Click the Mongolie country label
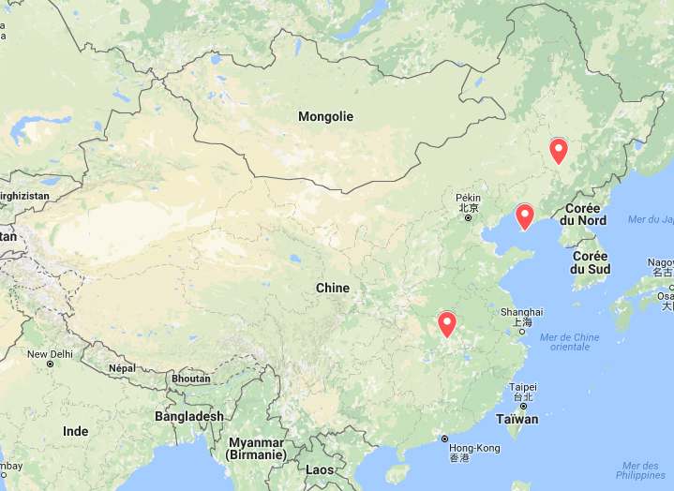tap(325, 117)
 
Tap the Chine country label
tap(332, 289)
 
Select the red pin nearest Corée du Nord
tap(525, 217)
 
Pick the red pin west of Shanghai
tap(447, 325)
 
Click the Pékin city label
tap(468, 199)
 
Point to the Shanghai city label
tap(521, 312)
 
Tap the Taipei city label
tap(522, 387)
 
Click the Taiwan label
tap(517, 420)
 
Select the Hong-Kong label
tap(473, 449)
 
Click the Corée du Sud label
tap(591, 262)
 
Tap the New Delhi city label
tap(50, 354)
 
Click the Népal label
tap(121, 368)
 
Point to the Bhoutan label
tap(190, 379)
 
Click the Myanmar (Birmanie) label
tap(255, 448)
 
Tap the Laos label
tap(320, 469)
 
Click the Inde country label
tap(75, 432)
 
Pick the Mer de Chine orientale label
tap(570, 341)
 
